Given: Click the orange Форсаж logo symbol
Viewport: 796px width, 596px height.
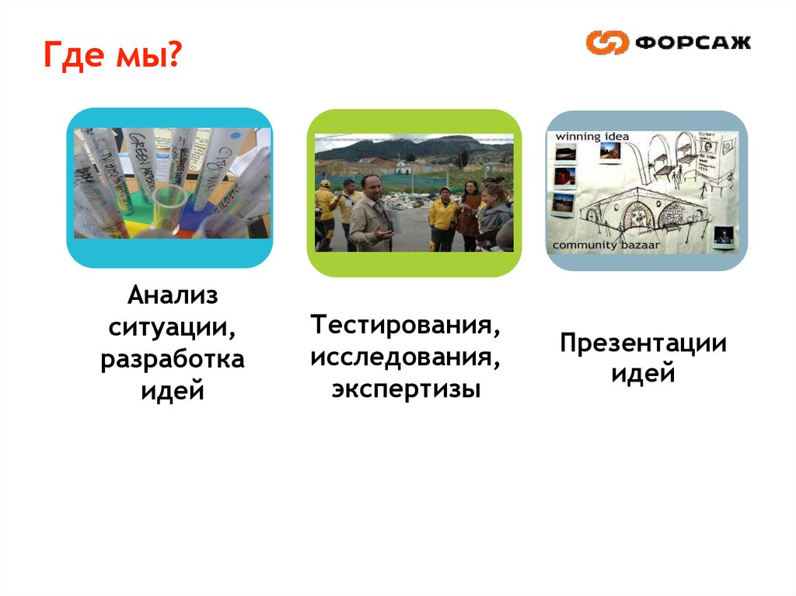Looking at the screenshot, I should [606, 42].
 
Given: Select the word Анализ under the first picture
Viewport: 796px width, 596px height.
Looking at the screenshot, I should [173, 296].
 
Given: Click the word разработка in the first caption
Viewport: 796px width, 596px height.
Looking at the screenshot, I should [173, 360].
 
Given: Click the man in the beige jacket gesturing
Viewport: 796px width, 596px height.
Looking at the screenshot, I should [372, 214].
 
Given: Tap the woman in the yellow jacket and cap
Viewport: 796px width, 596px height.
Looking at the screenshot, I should [443, 218].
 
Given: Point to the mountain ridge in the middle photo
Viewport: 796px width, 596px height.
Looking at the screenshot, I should [412, 147].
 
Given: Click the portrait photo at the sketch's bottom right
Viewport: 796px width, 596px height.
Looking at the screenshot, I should [723, 235].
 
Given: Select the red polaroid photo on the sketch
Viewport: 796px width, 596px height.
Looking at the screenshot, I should [564, 176].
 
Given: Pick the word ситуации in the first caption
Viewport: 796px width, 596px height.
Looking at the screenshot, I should [173, 328].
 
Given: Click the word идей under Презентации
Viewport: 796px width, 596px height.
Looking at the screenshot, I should [643, 375].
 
